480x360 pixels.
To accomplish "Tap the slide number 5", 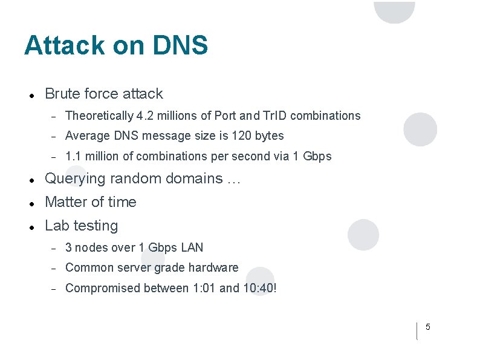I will [428, 327].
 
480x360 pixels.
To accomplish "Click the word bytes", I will [270, 136].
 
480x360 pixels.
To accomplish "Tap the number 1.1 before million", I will [73, 156].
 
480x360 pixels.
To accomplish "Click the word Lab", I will [57, 226].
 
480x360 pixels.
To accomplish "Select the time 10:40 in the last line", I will [259, 288].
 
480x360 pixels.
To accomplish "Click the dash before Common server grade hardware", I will [53, 268].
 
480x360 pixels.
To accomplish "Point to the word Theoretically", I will [99, 116].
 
